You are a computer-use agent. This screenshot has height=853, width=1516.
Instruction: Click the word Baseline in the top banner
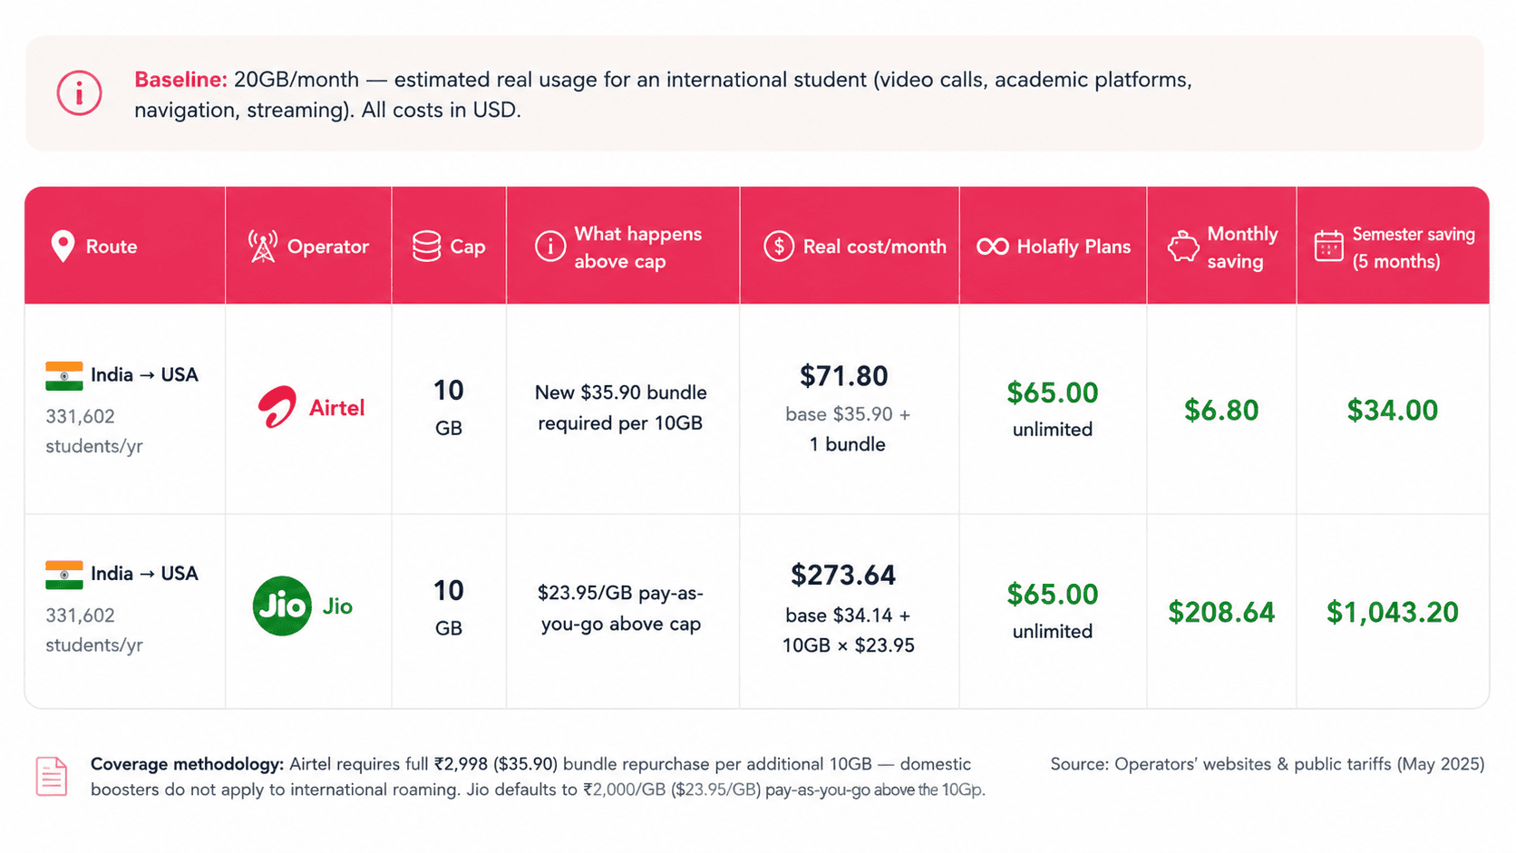(180, 80)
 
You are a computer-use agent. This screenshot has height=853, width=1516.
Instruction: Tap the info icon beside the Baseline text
(79, 92)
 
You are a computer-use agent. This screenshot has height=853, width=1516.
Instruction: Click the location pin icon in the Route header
(63, 247)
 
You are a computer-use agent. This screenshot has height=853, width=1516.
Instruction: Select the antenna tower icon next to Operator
(263, 247)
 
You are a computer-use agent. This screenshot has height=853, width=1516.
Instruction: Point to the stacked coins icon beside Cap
(426, 247)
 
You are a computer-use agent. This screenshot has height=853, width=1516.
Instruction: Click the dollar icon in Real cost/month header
(778, 247)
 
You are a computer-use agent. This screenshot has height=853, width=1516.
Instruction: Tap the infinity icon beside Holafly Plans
(993, 247)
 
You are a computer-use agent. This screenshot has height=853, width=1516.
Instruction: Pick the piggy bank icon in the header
(1183, 247)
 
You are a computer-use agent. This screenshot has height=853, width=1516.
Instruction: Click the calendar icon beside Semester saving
(1328, 246)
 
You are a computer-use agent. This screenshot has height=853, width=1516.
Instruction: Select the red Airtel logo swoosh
(277, 406)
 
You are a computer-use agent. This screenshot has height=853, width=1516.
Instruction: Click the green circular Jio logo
(282, 606)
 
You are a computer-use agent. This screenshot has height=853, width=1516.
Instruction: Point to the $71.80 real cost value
(843, 376)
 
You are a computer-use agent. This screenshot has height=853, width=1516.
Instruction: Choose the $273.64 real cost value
(843, 575)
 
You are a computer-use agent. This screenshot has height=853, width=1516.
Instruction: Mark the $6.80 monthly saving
(1221, 410)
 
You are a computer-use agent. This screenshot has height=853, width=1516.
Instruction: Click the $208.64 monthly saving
(1221, 612)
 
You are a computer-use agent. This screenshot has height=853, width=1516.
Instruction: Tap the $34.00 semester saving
(1392, 410)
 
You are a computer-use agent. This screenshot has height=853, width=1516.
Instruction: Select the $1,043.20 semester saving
(1392, 612)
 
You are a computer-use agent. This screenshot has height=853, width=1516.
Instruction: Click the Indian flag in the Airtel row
(64, 376)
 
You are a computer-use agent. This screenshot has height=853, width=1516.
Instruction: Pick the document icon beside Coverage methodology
(52, 777)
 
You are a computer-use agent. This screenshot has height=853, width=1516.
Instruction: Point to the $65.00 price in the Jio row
(1053, 595)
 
